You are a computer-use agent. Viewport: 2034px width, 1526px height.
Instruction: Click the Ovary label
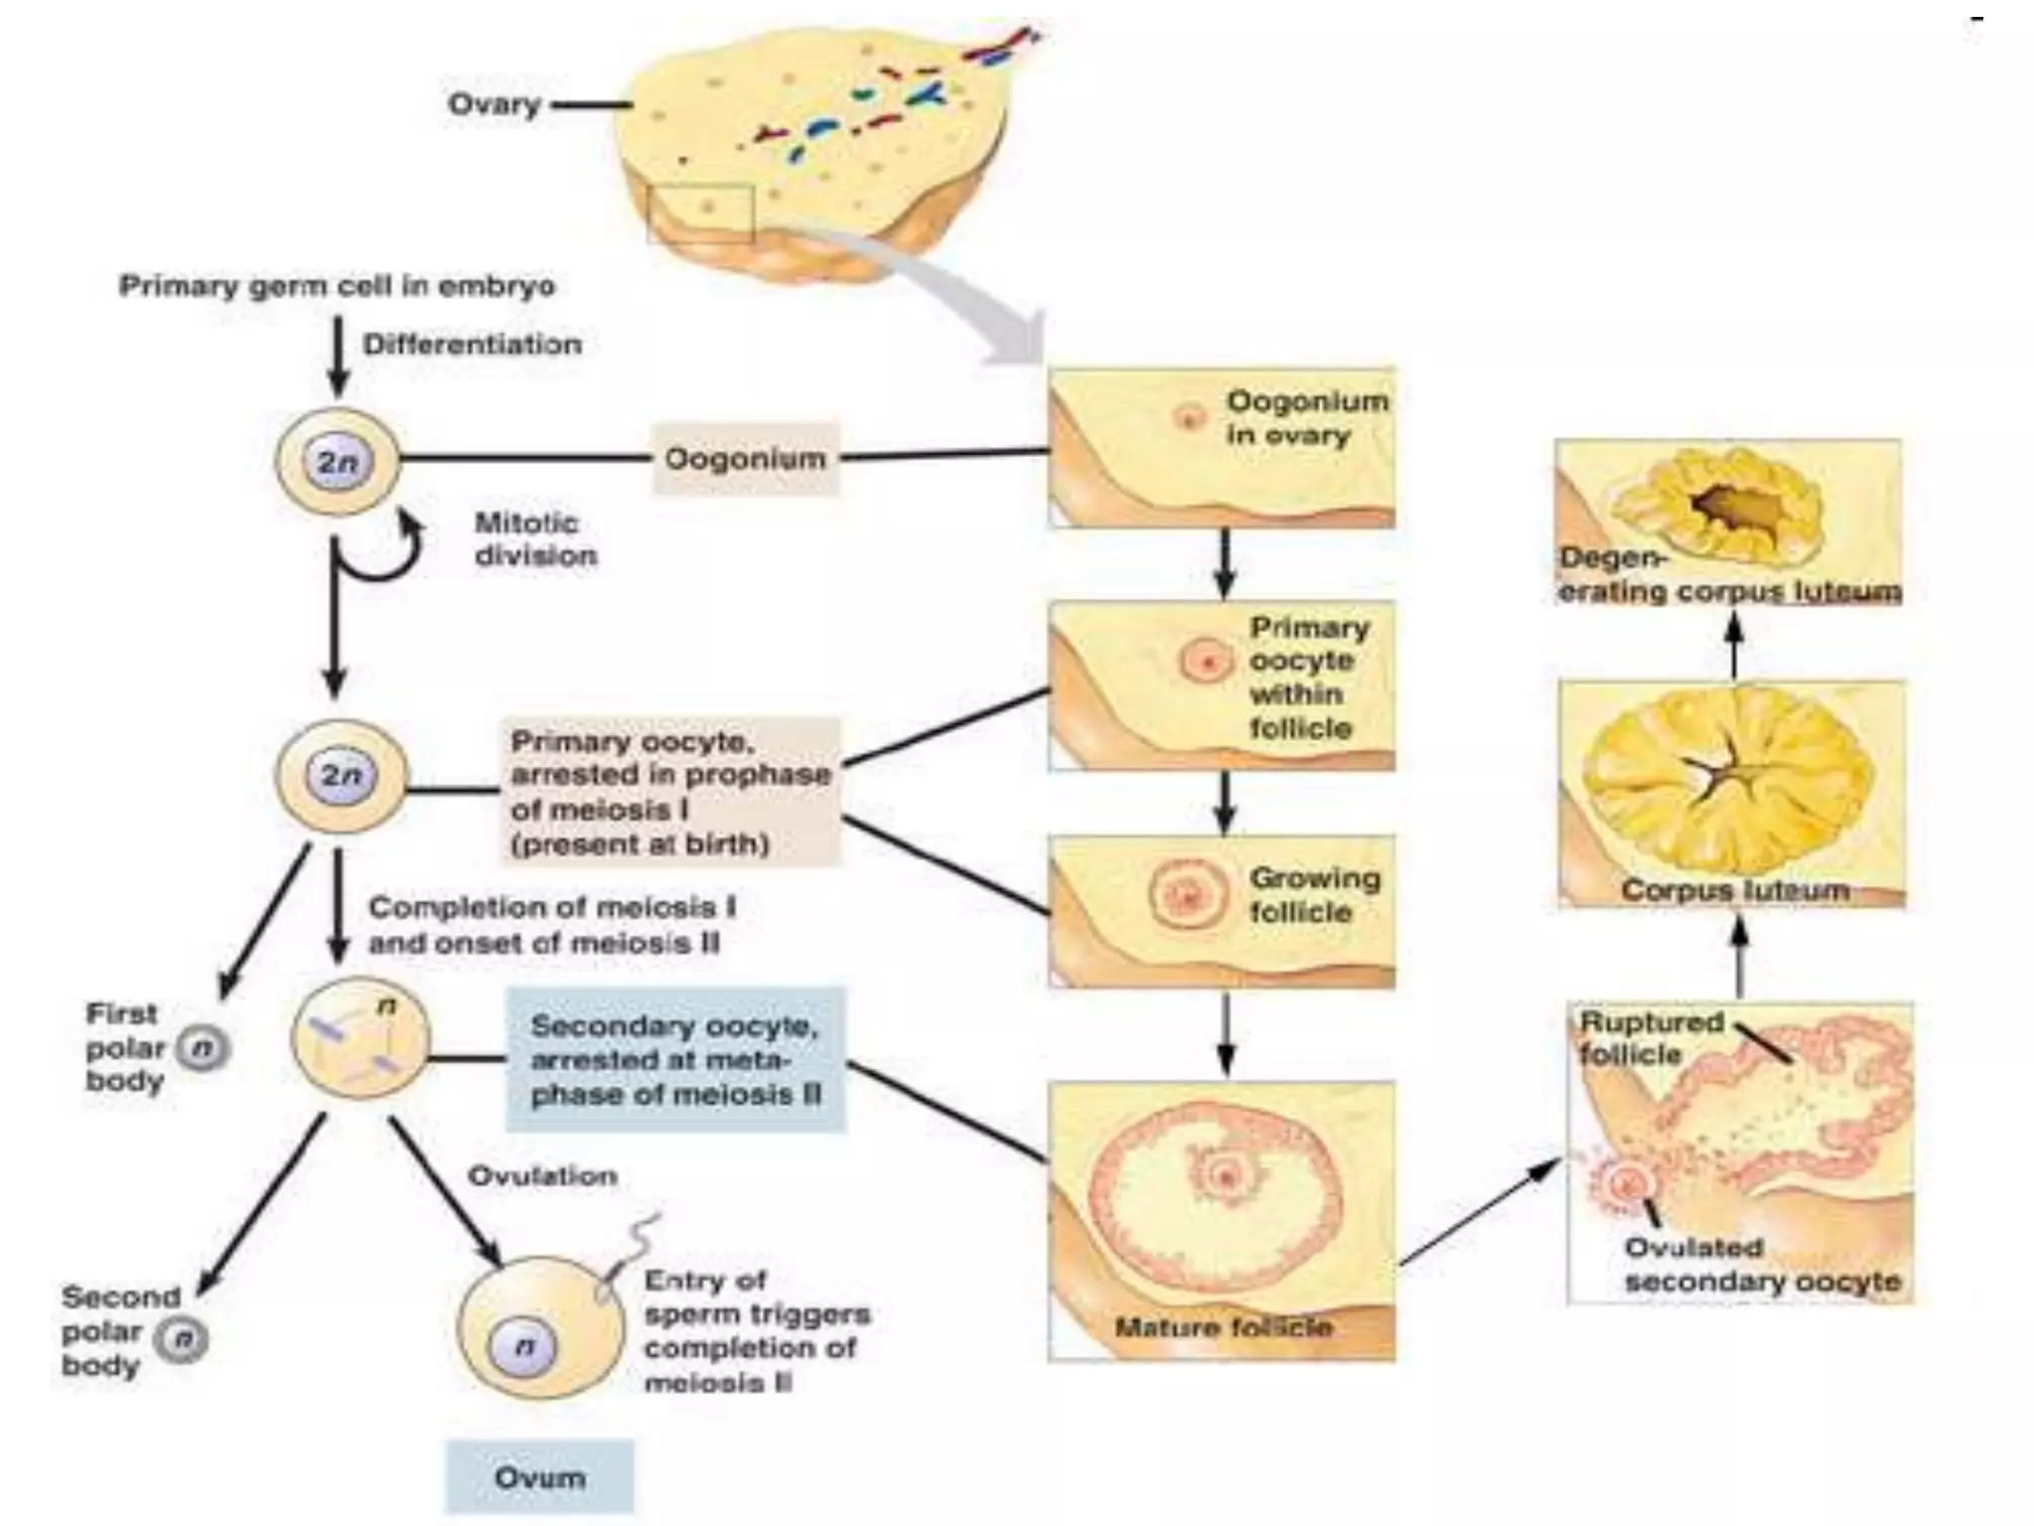pos(494,103)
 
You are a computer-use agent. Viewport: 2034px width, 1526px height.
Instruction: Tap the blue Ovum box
pos(539,1476)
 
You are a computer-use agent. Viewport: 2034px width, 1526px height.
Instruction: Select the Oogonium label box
pos(745,458)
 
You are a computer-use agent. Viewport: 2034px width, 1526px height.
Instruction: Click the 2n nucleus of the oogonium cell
pos(337,462)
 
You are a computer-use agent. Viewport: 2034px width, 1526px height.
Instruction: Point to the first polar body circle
pos(203,1048)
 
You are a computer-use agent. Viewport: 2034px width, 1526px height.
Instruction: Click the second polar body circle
pos(183,1339)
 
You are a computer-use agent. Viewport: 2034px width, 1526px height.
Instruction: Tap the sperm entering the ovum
pos(626,1257)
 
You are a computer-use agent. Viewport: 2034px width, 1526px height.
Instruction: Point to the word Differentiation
pos(472,345)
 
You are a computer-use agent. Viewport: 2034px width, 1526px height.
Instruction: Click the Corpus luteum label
pos(1734,889)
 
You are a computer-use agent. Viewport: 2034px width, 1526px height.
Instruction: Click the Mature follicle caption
pos(1223,1327)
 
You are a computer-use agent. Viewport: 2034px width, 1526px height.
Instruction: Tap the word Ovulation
pos(542,1175)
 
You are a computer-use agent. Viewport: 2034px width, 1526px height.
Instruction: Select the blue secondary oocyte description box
pos(675,1059)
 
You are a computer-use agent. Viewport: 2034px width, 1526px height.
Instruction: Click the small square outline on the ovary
pos(700,212)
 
